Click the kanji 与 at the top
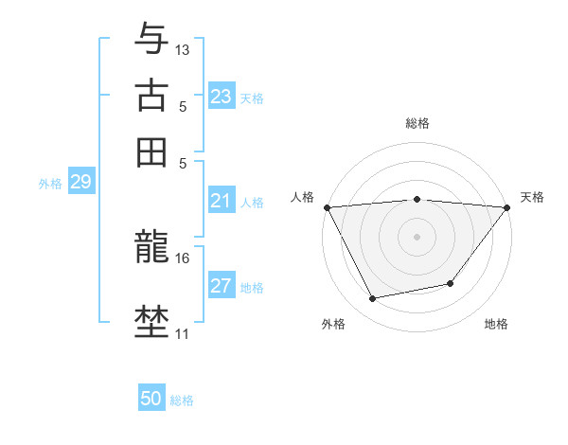(151, 39)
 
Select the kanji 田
(151, 151)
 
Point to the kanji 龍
(151, 248)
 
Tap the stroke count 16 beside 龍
(183, 258)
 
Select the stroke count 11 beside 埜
(183, 333)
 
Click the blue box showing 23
(222, 97)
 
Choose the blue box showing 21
(222, 200)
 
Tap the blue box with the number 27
(222, 286)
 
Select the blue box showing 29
(80, 182)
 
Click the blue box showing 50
(151, 399)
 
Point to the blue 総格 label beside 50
(182, 400)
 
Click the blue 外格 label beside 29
(49, 184)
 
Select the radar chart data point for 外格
(373, 299)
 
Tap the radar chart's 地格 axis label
(496, 325)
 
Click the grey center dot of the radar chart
(417, 236)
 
